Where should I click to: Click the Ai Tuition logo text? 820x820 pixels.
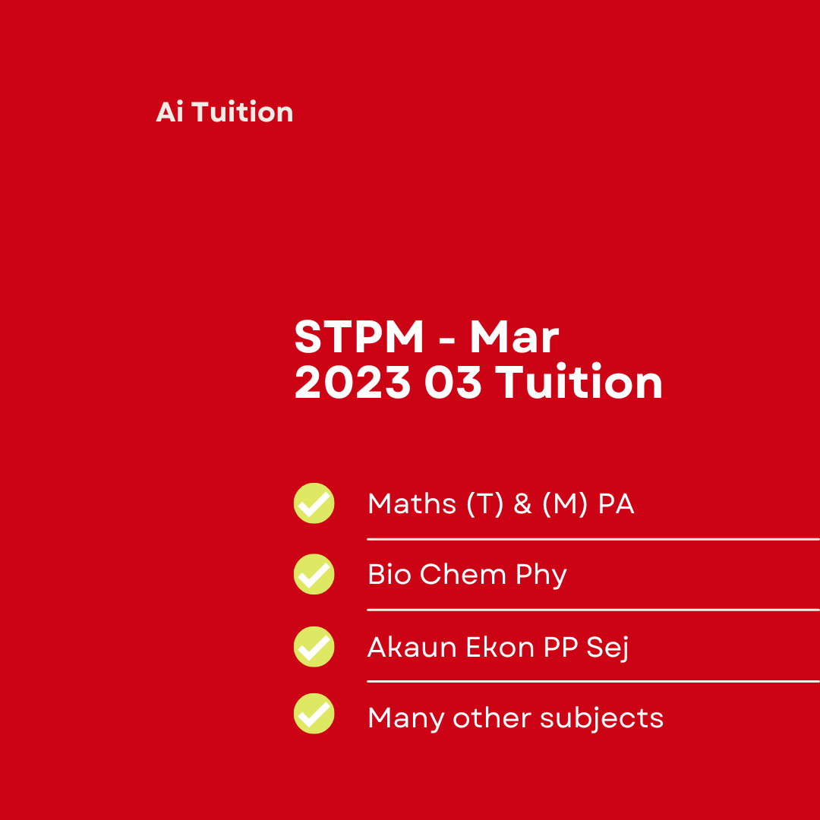pyautogui.click(x=224, y=112)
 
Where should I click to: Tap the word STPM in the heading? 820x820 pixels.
pyautogui.click(x=359, y=337)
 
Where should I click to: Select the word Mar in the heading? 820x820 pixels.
pyautogui.click(x=515, y=337)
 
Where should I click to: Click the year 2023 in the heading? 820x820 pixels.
pyautogui.click(x=353, y=382)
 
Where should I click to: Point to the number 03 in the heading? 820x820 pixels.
pyautogui.click(x=453, y=382)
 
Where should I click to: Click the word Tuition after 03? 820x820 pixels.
pyautogui.click(x=579, y=381)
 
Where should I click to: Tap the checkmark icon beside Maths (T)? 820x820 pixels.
pyautogui.click(x=314, y=503)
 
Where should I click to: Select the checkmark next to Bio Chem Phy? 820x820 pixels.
pyautogui.click(x=314, y=574)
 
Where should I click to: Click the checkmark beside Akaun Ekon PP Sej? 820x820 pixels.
pyautogui.click(x=314, y=646)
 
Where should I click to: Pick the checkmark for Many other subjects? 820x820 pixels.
pyautogui.click(x=314, y=713)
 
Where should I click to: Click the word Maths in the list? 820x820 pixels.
pyautogui.click(x=412, y=503)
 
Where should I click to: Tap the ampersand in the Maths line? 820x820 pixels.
pyautogui.click(x=523, y=504)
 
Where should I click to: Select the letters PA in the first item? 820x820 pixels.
pyautogui.click(x=616, y=504)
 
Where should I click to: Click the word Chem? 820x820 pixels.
pyautogui.click(x=463, y=574)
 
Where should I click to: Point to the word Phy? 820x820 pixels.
pyautogui.click(x=541, y=576)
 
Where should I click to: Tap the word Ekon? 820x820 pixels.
pyautogui.click(x=500, y=647)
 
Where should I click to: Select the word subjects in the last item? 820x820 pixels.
pyautogui.click(x=601, y=718)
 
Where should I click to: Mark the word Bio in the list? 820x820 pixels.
pyautogui.click(x=389, y=574)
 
